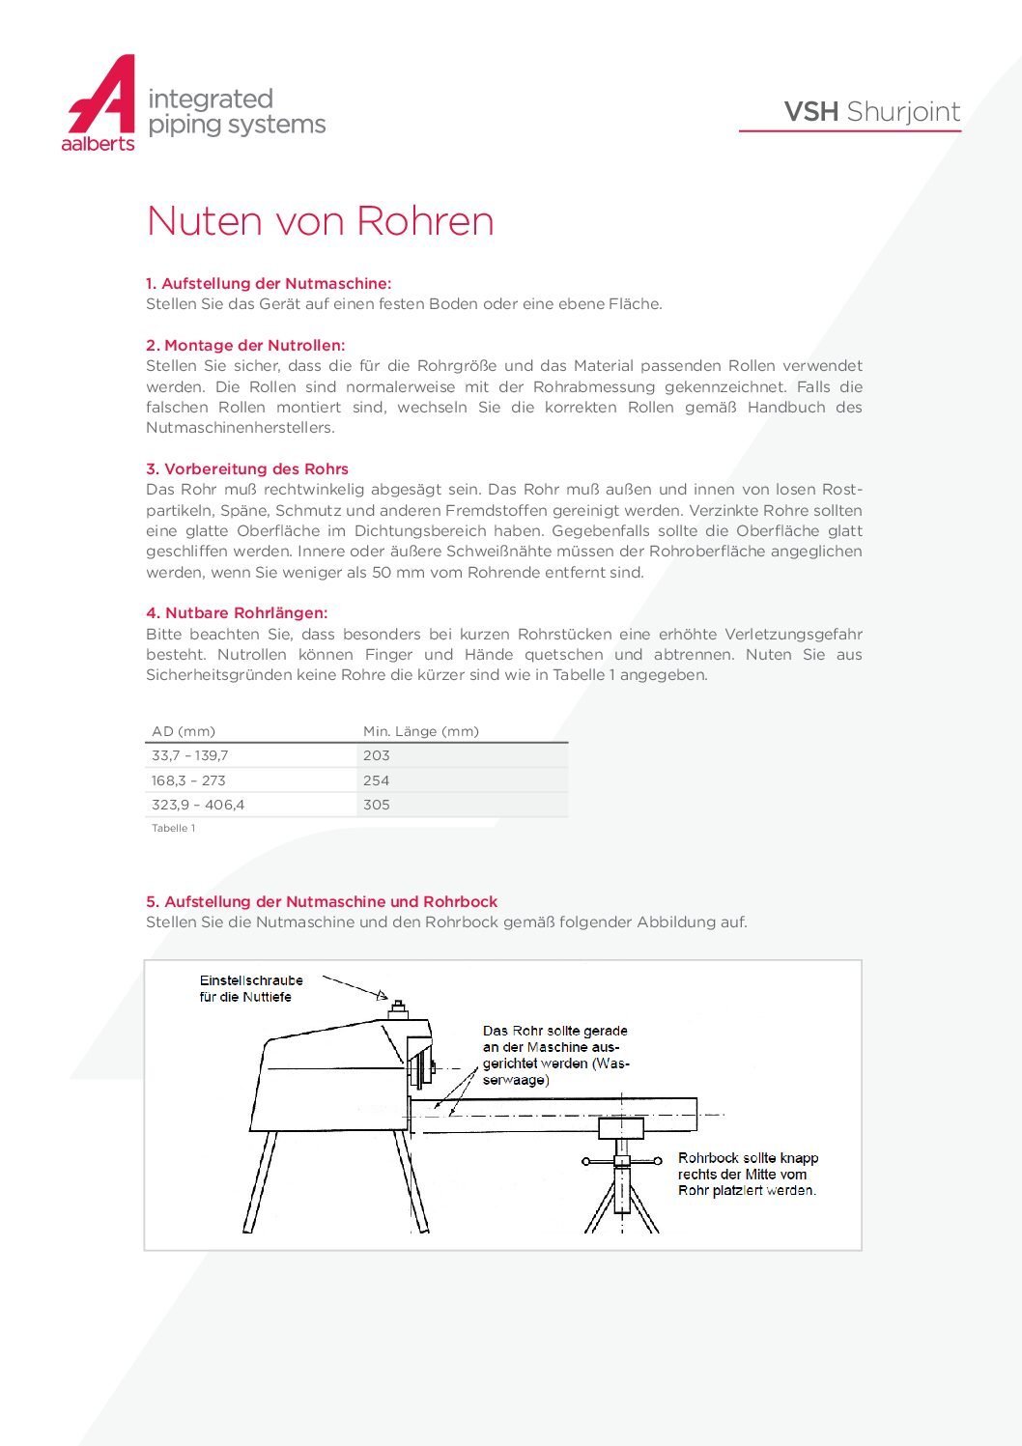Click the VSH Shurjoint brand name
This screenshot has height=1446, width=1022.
click(x=871, y=112)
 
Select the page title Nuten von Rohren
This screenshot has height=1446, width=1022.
click(x=320, y=221)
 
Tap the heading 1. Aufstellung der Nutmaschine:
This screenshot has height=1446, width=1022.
click(x=269, y=283)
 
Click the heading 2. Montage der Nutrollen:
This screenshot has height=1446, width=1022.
click(x=245, y=345)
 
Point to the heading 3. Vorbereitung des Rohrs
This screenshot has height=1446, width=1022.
click(x=247, y=468)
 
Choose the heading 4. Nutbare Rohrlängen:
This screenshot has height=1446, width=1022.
click(x=237, y=612)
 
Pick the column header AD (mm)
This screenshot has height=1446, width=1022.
click(x=184, y=731)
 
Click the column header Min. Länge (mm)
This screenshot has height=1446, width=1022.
click(x=420, y=731)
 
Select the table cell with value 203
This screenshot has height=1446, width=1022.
click(x=377, y=755)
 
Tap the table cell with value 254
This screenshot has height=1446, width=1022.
click(x=377, y=780)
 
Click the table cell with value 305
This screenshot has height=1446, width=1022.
click(x=377, y=805)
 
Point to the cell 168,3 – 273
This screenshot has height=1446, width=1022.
click(x=188, y=780)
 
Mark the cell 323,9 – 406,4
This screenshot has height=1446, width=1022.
click(x=198, y=805)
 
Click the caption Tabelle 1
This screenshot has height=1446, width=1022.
click(x=174, y=828)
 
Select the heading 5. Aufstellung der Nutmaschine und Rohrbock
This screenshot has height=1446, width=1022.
click(x=322, y=901)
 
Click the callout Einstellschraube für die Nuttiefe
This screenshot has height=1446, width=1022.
click(x=251, y=988)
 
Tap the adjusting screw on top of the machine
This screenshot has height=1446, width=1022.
click(x=397, y=1007)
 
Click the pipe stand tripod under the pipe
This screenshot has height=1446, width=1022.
click(x=622, y=1193)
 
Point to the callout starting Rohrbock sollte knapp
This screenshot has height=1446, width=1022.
click(x=748, y=1174)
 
